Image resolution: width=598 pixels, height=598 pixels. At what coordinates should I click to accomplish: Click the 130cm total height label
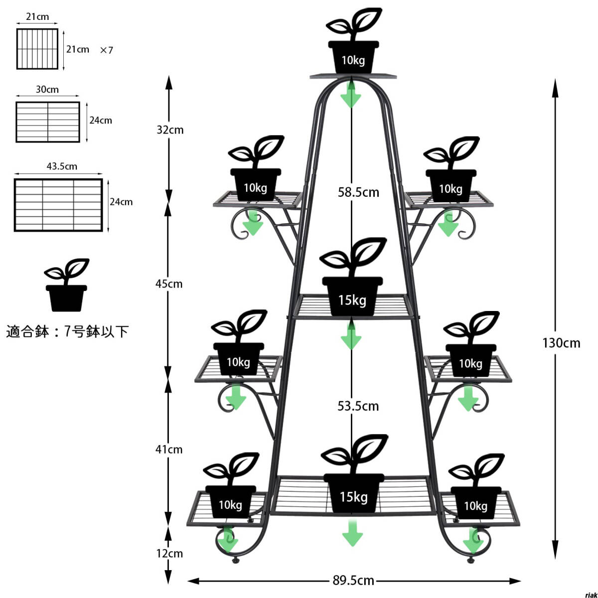pos(561,343)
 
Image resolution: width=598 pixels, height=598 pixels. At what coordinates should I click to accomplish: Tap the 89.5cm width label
pos(353,580)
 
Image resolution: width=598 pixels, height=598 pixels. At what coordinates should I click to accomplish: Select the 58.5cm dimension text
pos(358,192)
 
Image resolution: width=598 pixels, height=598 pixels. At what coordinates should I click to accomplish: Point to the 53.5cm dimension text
pos(358,406)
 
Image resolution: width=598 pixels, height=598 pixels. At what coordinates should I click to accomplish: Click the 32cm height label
pos(170,130)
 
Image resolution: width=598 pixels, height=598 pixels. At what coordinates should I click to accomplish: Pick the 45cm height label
pos(169,284)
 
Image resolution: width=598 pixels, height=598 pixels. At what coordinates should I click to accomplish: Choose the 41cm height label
pos(169,449)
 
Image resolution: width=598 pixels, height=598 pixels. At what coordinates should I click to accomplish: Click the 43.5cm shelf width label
pos(62,166)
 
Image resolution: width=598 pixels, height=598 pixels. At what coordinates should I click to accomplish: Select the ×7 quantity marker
pos(107,50)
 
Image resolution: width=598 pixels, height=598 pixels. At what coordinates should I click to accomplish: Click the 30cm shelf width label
pos(47,89)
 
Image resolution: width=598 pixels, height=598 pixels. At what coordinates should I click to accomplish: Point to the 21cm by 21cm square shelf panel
pos(37,49)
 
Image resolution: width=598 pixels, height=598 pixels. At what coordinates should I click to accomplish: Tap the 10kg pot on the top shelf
pos(353,57)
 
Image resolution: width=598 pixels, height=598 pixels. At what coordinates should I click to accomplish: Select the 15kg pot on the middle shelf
pos(352,297)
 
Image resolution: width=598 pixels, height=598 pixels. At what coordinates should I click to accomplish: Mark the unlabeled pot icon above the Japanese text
pos(66,285)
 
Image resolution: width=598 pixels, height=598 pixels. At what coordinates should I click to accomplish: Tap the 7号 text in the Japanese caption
pos(74,331)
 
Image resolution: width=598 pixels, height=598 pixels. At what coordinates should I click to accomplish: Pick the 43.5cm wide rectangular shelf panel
pos(58,205)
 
